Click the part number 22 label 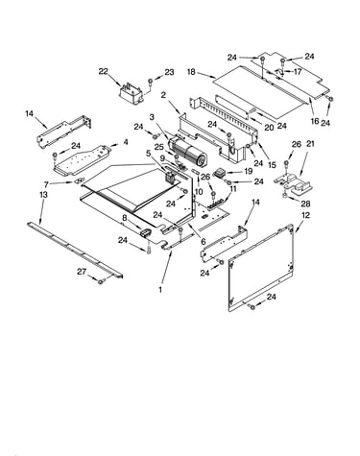pyautogui.click(x=103, y=71)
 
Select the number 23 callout pyautogui.click(x=169, y=72)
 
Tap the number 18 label pyautogui.click(x=191, y=71)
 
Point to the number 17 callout pyautogui.click(x=298, y=72)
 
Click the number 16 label pyautogui.click(x=315, y=121)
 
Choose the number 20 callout pyautogui.click(x=269, y=128)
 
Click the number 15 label pyautogui.click(x=272, y=165)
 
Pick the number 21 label pyautogui.click(x=310, y=144)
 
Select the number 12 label pyautogui.click(x=306, y=215)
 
